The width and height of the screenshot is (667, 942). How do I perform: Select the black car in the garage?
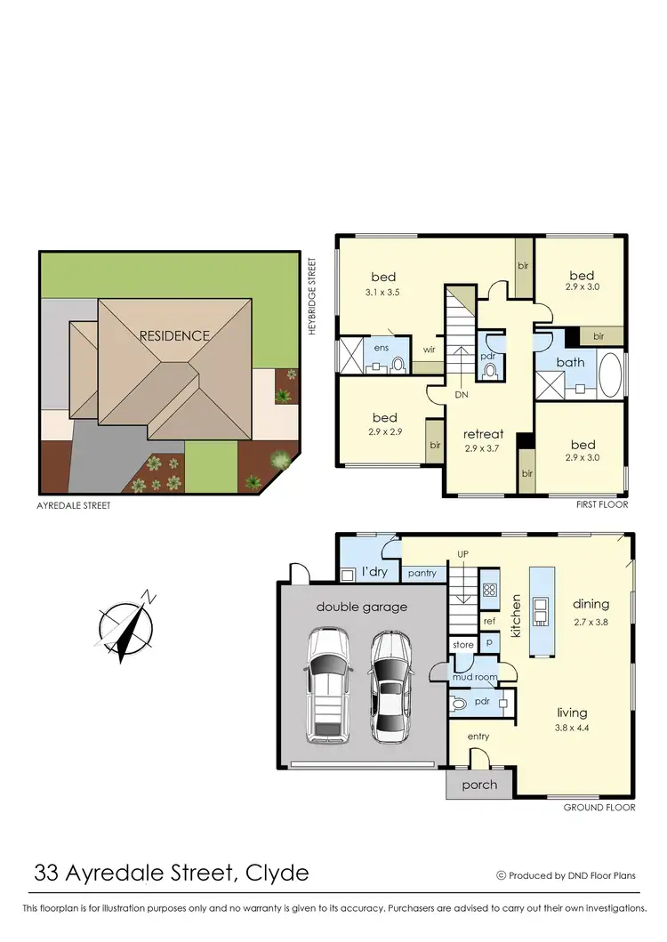389,680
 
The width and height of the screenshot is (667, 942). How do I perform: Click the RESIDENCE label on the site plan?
174,335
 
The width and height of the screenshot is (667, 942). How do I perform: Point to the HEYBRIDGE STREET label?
312,296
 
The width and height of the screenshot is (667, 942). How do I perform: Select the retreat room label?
484,434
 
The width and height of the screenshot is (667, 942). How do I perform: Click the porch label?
479,785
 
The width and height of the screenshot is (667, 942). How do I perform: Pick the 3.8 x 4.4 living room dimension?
573,728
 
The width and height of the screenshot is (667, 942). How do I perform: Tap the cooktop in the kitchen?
489,589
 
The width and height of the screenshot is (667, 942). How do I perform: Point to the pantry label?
422,574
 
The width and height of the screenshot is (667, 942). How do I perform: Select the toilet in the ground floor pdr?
460,703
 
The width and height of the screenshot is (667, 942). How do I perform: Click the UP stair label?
462,554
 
